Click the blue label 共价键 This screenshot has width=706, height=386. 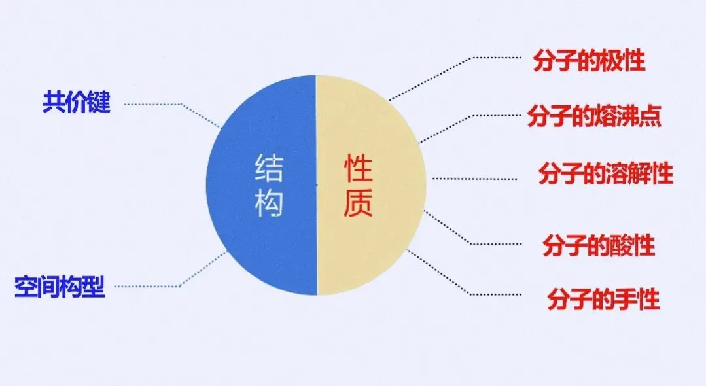[77, 103]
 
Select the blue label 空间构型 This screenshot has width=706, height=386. [60, 287]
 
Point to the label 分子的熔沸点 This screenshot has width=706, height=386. [593, 117]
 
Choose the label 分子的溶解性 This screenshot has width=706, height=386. [605, 175]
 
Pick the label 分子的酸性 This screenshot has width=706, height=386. [599, 247]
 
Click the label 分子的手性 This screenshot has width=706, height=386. [603, 299]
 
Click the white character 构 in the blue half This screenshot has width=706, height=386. [269, 204]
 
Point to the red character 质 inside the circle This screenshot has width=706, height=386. [359, 204]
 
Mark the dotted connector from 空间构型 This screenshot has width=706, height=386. [150, 287]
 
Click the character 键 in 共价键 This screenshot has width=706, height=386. [99, 103]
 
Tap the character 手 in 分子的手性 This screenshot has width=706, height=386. [626, 299]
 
